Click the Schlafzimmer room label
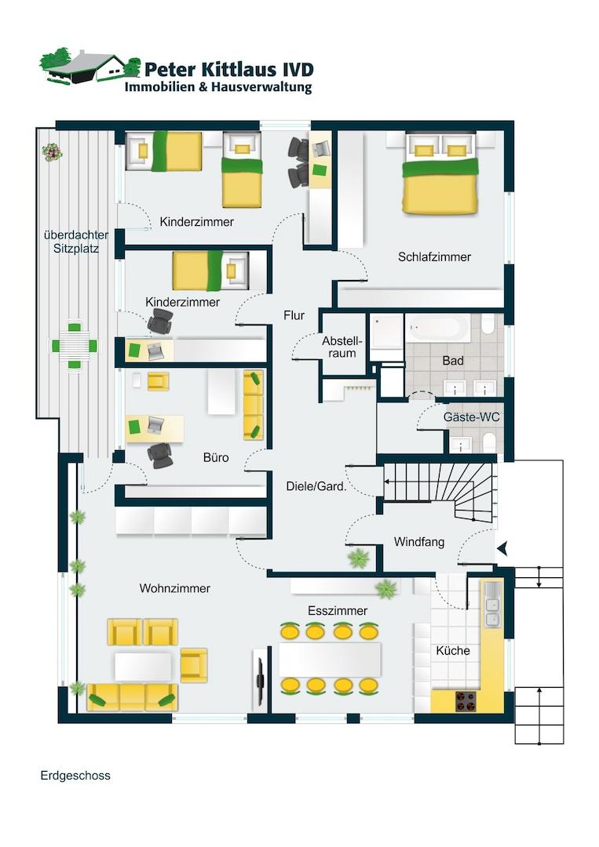434,256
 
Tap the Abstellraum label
342,347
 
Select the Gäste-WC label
471,417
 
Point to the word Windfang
419,542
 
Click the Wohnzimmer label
174,588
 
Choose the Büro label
216,457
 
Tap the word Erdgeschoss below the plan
75,776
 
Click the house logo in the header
89,67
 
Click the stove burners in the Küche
466,701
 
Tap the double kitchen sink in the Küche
492,605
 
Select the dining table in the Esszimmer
330,660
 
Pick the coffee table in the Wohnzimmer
143,667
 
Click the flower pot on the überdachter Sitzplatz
52,152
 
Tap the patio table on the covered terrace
75,345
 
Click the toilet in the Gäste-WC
489,443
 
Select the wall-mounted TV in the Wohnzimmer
260,677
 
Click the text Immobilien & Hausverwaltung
218,88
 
